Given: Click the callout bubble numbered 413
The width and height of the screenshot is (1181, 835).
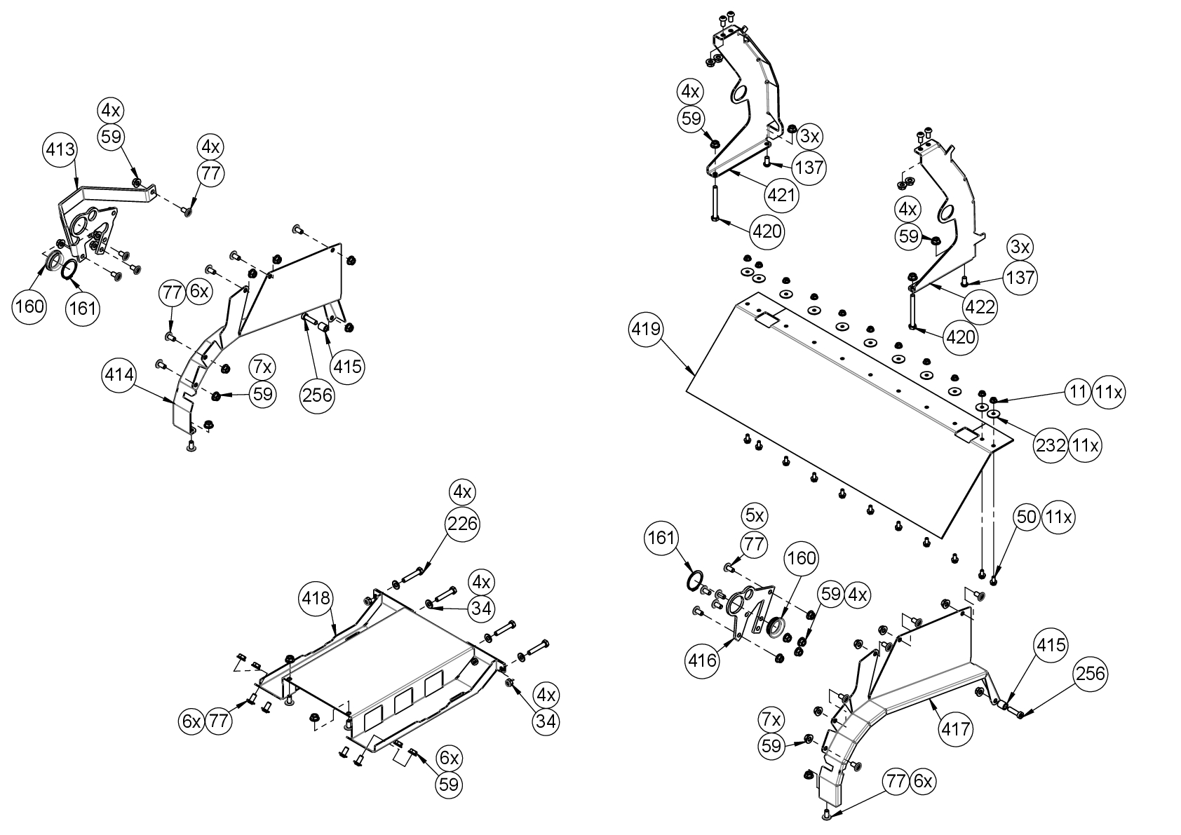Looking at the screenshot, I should coord(61,150).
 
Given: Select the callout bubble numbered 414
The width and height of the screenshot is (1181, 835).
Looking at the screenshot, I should coord(119,376).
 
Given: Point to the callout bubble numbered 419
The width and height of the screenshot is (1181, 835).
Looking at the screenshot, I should coord(647,329).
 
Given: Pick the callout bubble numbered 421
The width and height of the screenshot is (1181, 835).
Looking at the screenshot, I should coord(780,194).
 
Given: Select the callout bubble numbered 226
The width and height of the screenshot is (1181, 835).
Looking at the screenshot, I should coord(462,523).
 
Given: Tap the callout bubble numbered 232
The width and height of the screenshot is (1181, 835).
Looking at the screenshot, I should coord(1051,444).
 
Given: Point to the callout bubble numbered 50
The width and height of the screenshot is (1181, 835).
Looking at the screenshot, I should coord(1026,517).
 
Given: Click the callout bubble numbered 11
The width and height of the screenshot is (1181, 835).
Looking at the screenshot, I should coord(1077,393).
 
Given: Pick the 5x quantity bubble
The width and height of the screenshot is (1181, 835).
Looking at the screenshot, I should coord(755,516).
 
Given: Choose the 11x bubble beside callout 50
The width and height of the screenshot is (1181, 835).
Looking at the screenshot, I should coord(1058,517).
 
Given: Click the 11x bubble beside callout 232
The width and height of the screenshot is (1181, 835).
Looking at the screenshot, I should coord(1084,444).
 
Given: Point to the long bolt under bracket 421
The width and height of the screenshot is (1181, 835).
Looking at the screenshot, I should coord(713,202).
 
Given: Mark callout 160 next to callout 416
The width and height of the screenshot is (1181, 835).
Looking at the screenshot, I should coord(802,558).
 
